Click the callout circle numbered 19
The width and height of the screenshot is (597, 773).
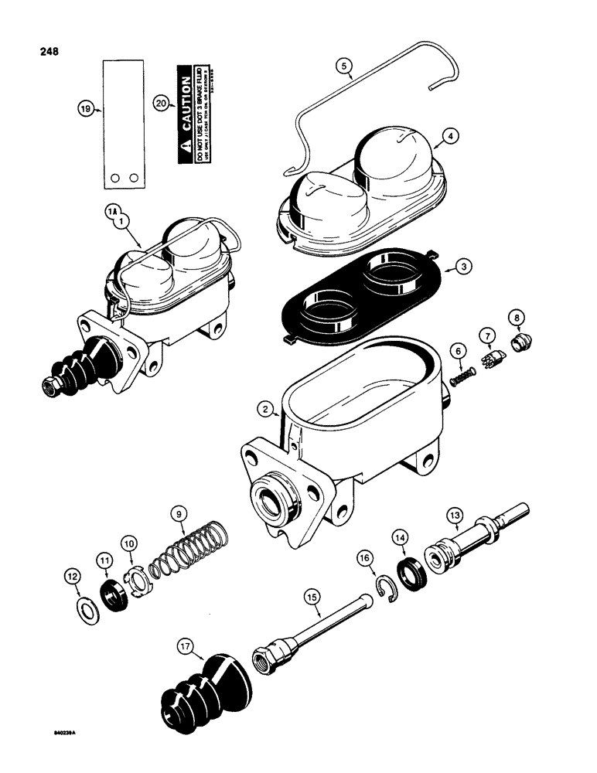86,110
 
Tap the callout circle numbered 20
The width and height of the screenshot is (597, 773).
160,104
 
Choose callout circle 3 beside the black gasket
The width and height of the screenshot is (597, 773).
462,266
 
